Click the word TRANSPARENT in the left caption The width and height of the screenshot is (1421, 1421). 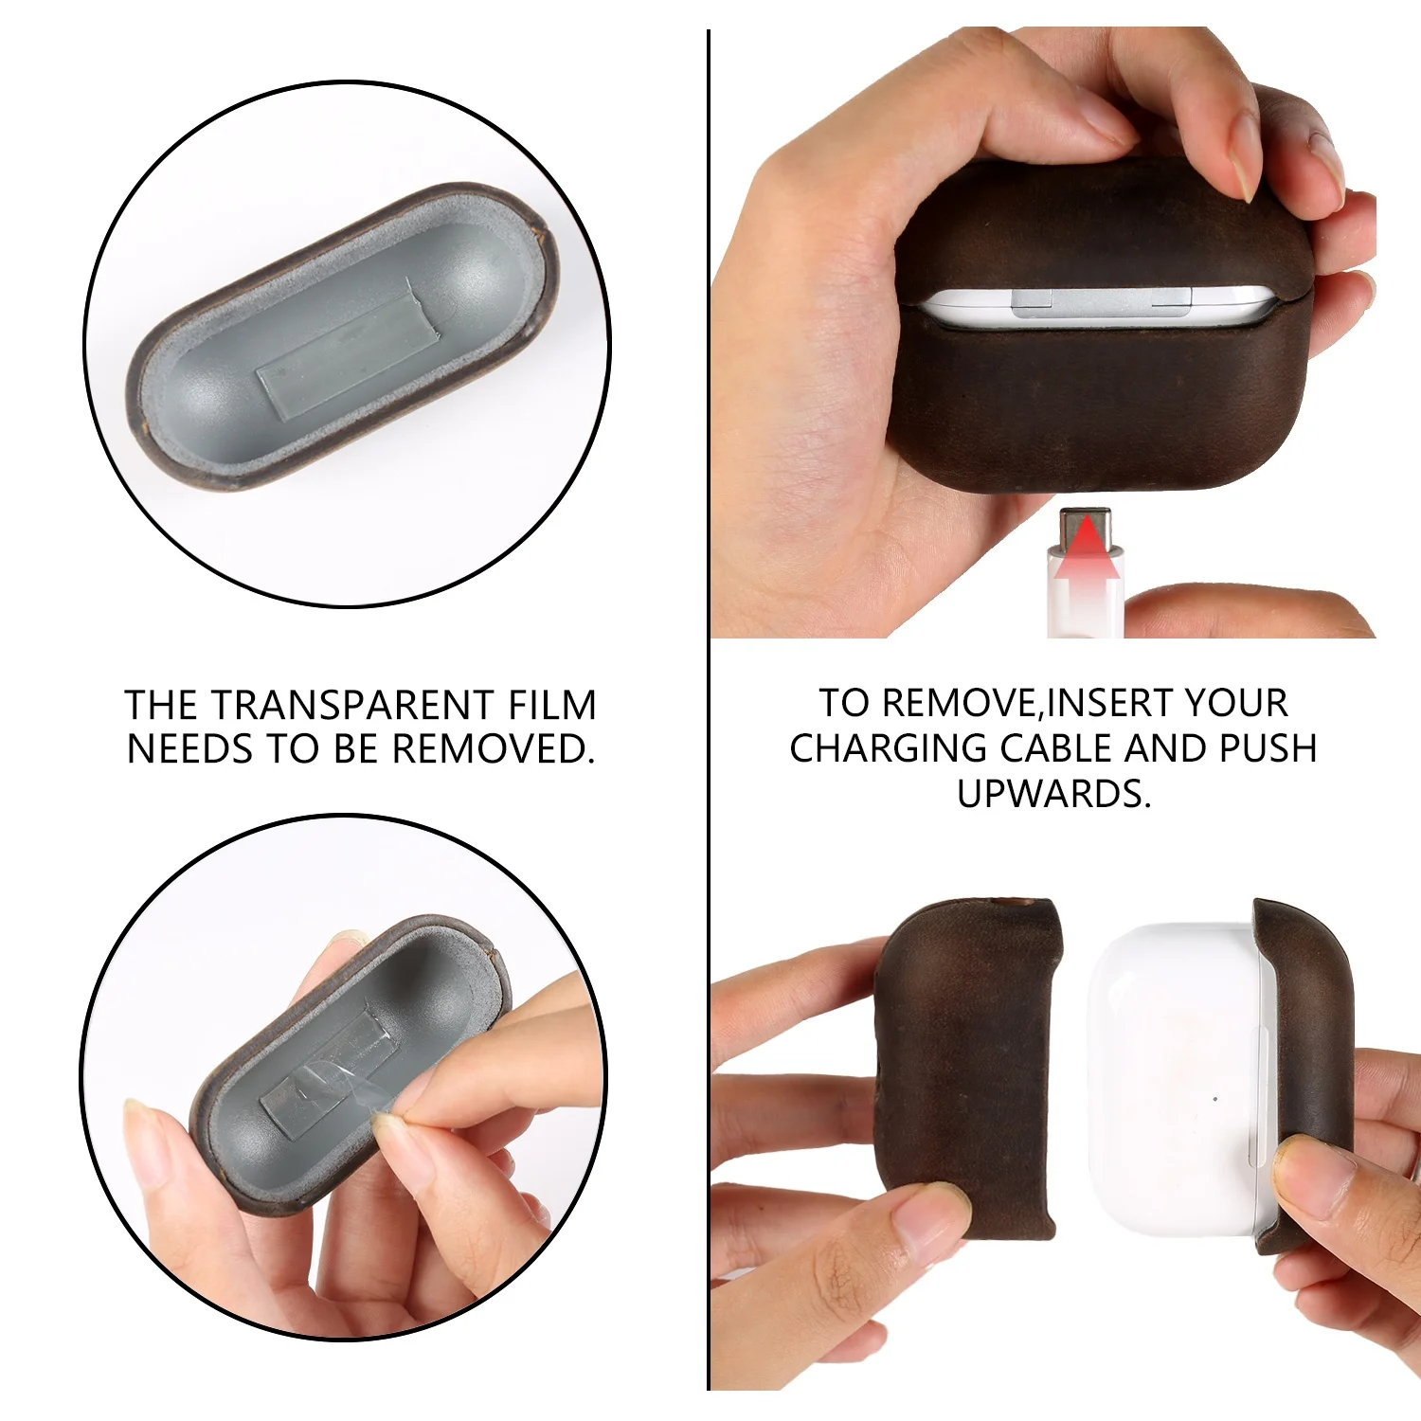[351, 706]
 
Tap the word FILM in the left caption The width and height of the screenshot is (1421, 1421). [552, 706]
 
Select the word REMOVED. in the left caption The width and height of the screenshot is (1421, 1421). [493, 749]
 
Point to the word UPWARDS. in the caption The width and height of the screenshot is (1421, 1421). [1053, 794]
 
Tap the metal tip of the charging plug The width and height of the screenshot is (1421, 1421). [1086, 526]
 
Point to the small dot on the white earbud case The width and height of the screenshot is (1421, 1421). [1215, 1099]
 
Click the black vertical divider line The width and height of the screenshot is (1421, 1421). [708, 710]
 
